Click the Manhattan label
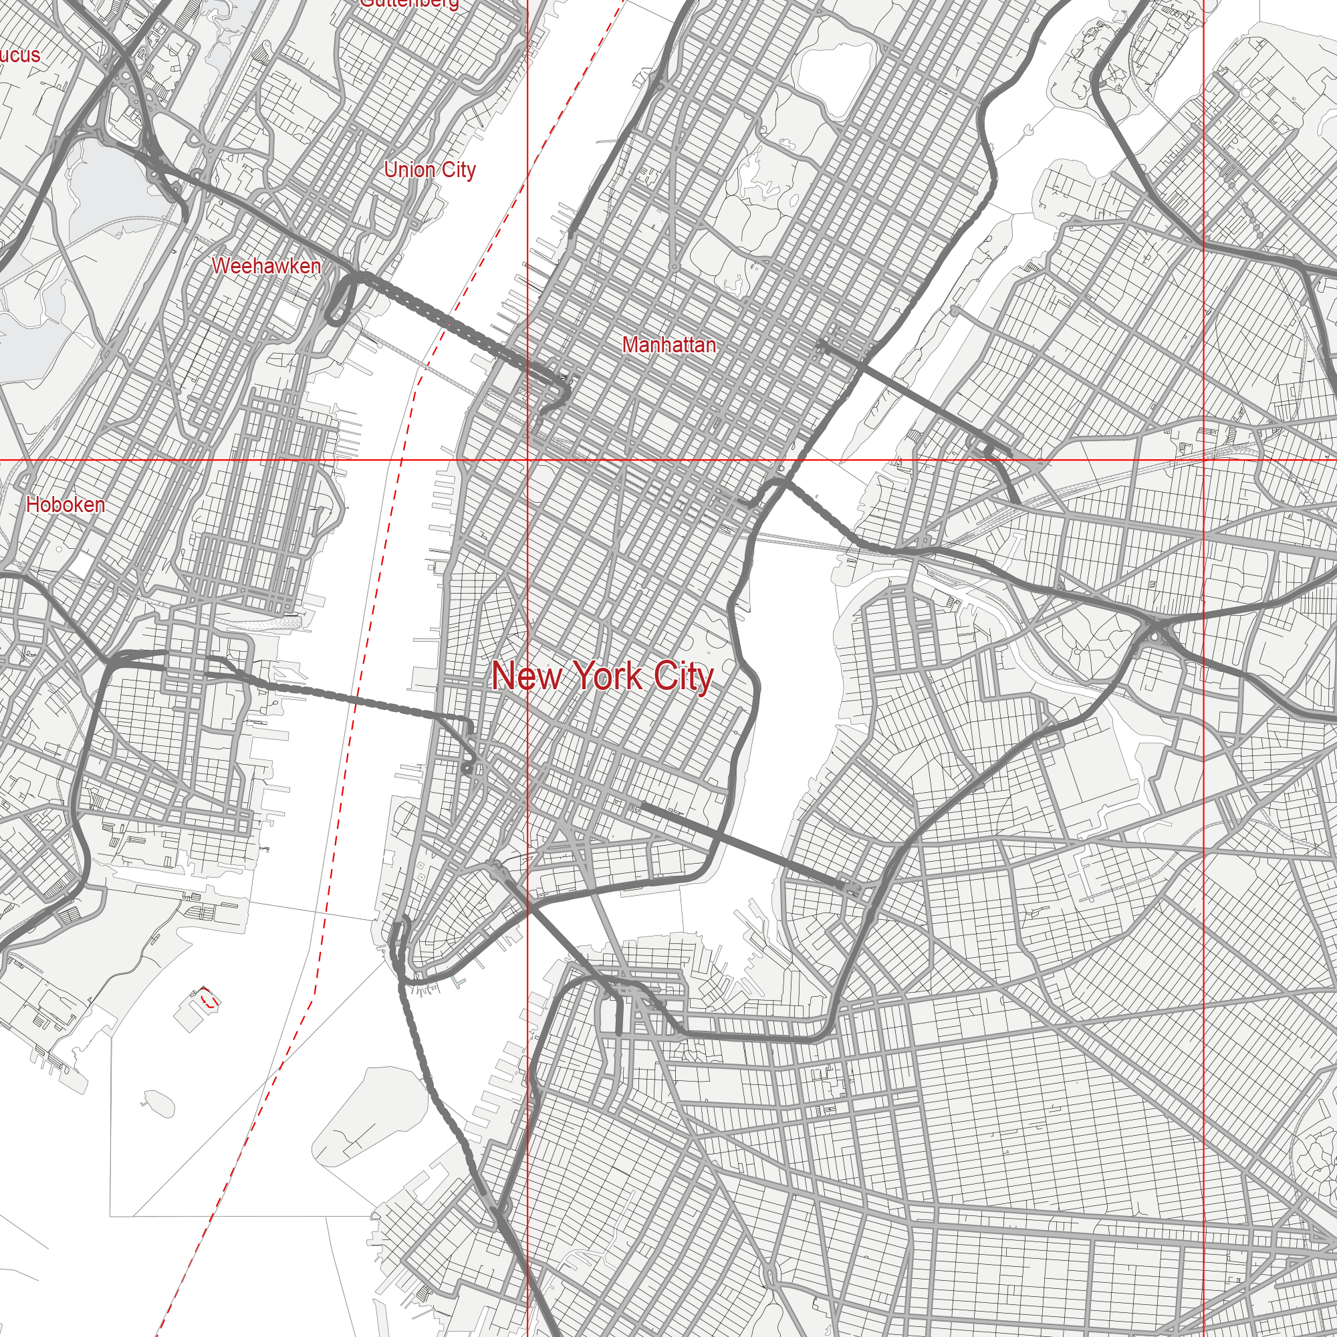pyautogui.click(x=668, y=345)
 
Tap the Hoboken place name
pyautogui.click(x=66, y=505)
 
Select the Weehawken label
pyautogui.click(x=267, y=266)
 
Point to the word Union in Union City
pyautogui.click(x=409, y=170)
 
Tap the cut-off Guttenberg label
pyautogui.click(x=409, y=3)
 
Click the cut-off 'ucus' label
pyautogui.click(x=19, y=55)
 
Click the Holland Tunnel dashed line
pyautogui.click(x=360, y=699)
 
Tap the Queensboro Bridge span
pyautogui.click(x=900, y=388)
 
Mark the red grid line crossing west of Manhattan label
pyautogui.click(x=528, y=459)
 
